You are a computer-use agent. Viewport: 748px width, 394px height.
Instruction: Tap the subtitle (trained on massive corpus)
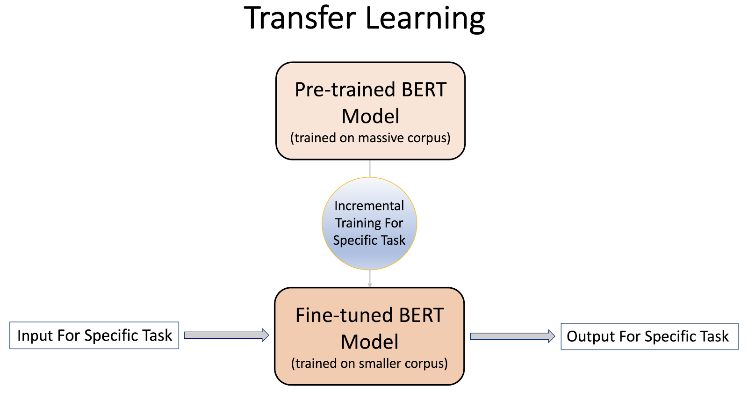tap(370, 138)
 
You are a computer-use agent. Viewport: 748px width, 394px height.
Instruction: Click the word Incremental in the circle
tap(369, 206)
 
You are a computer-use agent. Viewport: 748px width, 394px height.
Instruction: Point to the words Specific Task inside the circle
tap(369, 241)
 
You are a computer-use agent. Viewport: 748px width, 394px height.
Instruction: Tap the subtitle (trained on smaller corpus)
tap(369, 364)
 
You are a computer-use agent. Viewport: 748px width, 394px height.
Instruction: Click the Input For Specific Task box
tap(94, 336)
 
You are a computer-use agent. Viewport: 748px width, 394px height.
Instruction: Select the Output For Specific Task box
tap(649, 336)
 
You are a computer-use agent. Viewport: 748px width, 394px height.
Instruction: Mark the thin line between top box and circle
tap(370, 168)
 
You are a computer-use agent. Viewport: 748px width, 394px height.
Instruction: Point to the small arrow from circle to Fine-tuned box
tap(370, 279)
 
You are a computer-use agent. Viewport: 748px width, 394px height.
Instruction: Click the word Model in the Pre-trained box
tap(370, 117)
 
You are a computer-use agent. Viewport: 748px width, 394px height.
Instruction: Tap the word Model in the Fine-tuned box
tap(369, 342)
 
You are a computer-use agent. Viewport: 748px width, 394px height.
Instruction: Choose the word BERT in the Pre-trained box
tap(424, 90)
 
